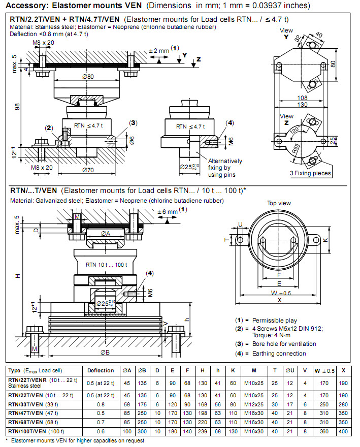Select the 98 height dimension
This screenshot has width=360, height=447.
[16, 107]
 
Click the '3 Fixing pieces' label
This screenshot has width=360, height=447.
[310, 173]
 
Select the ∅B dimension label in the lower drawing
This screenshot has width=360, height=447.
[106, 352]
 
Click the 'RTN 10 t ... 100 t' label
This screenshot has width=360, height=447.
[106, 265]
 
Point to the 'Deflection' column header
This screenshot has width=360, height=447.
[101, 370]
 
